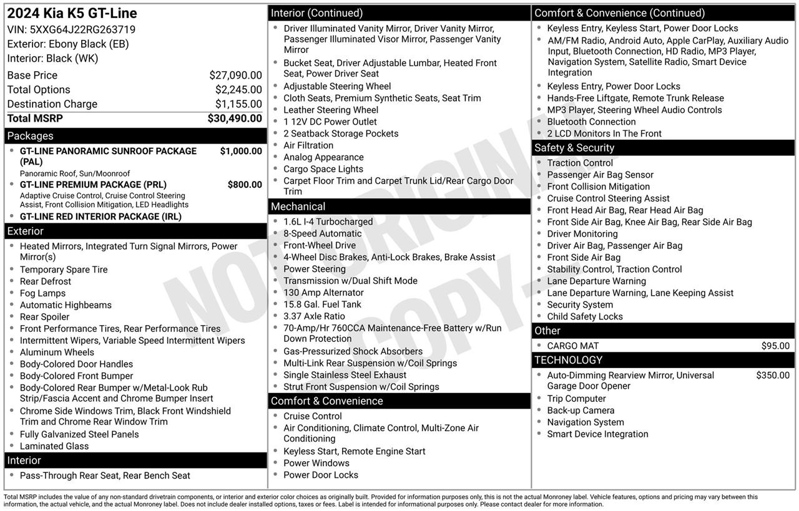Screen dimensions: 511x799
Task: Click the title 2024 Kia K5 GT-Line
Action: point(72,14)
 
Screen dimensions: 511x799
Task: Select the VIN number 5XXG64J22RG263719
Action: point(82,29)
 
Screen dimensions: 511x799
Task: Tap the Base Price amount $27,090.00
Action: point(235,75)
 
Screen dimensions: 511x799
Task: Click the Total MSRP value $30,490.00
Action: point(235,119)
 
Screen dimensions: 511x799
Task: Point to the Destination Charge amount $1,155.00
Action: point(238,104)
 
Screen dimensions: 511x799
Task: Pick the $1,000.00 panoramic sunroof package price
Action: point(241,151)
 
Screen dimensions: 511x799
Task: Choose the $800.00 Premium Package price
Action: point(245,185)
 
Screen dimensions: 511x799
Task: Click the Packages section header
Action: point(30,136)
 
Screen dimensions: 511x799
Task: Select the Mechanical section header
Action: point(298,207)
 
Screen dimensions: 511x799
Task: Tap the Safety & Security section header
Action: point(574,148)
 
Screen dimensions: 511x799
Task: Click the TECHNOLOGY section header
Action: point(568,360)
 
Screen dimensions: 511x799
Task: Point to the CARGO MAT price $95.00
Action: point(775,346)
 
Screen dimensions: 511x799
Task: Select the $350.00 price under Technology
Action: point(773,375)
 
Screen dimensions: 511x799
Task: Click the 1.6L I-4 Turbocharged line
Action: point(328,221)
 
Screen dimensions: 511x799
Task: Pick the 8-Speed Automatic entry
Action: point(322,233)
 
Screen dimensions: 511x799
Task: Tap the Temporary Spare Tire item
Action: point(64,270)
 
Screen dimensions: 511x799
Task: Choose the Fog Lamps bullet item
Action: point(42,293)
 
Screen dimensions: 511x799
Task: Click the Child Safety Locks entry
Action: point(585,316)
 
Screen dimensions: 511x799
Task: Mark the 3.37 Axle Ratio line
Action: point(314,316)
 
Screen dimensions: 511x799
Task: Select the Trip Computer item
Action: point(576,399)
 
